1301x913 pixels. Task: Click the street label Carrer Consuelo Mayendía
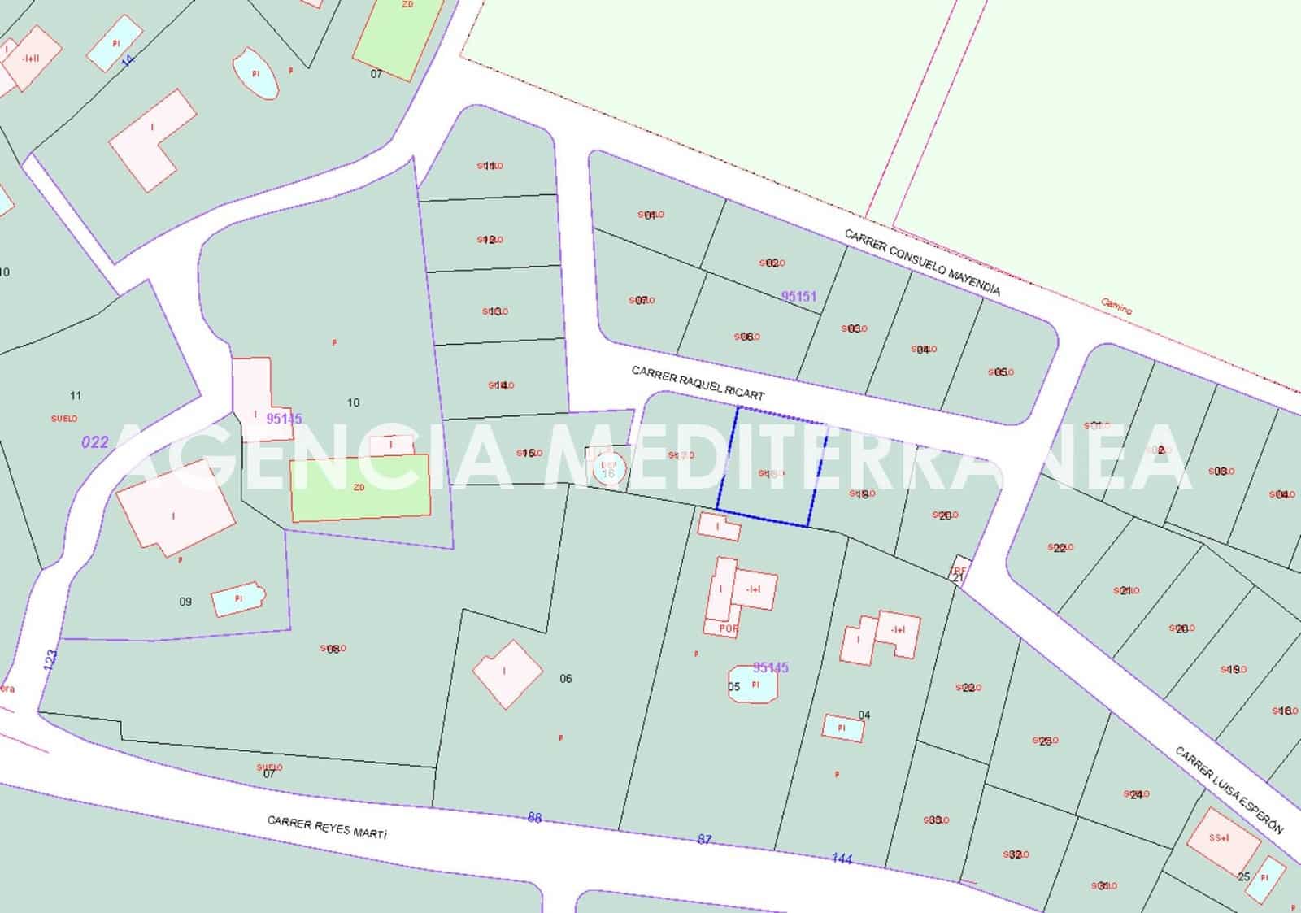922,262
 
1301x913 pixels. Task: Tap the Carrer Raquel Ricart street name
698,383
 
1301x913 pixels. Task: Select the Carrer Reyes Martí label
328,828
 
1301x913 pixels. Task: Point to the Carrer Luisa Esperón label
1229,790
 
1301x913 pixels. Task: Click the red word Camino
1116,306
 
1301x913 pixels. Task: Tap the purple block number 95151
798,297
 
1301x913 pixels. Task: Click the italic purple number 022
95,442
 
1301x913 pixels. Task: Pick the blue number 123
50,661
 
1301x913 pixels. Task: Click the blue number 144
842,859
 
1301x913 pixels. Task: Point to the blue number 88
534,818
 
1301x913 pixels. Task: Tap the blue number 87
704,839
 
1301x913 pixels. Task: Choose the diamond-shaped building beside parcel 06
507,673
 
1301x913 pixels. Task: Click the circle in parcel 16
608,470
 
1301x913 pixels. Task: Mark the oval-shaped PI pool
255,73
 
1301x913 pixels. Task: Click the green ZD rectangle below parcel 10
360,488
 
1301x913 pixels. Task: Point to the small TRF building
960,569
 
